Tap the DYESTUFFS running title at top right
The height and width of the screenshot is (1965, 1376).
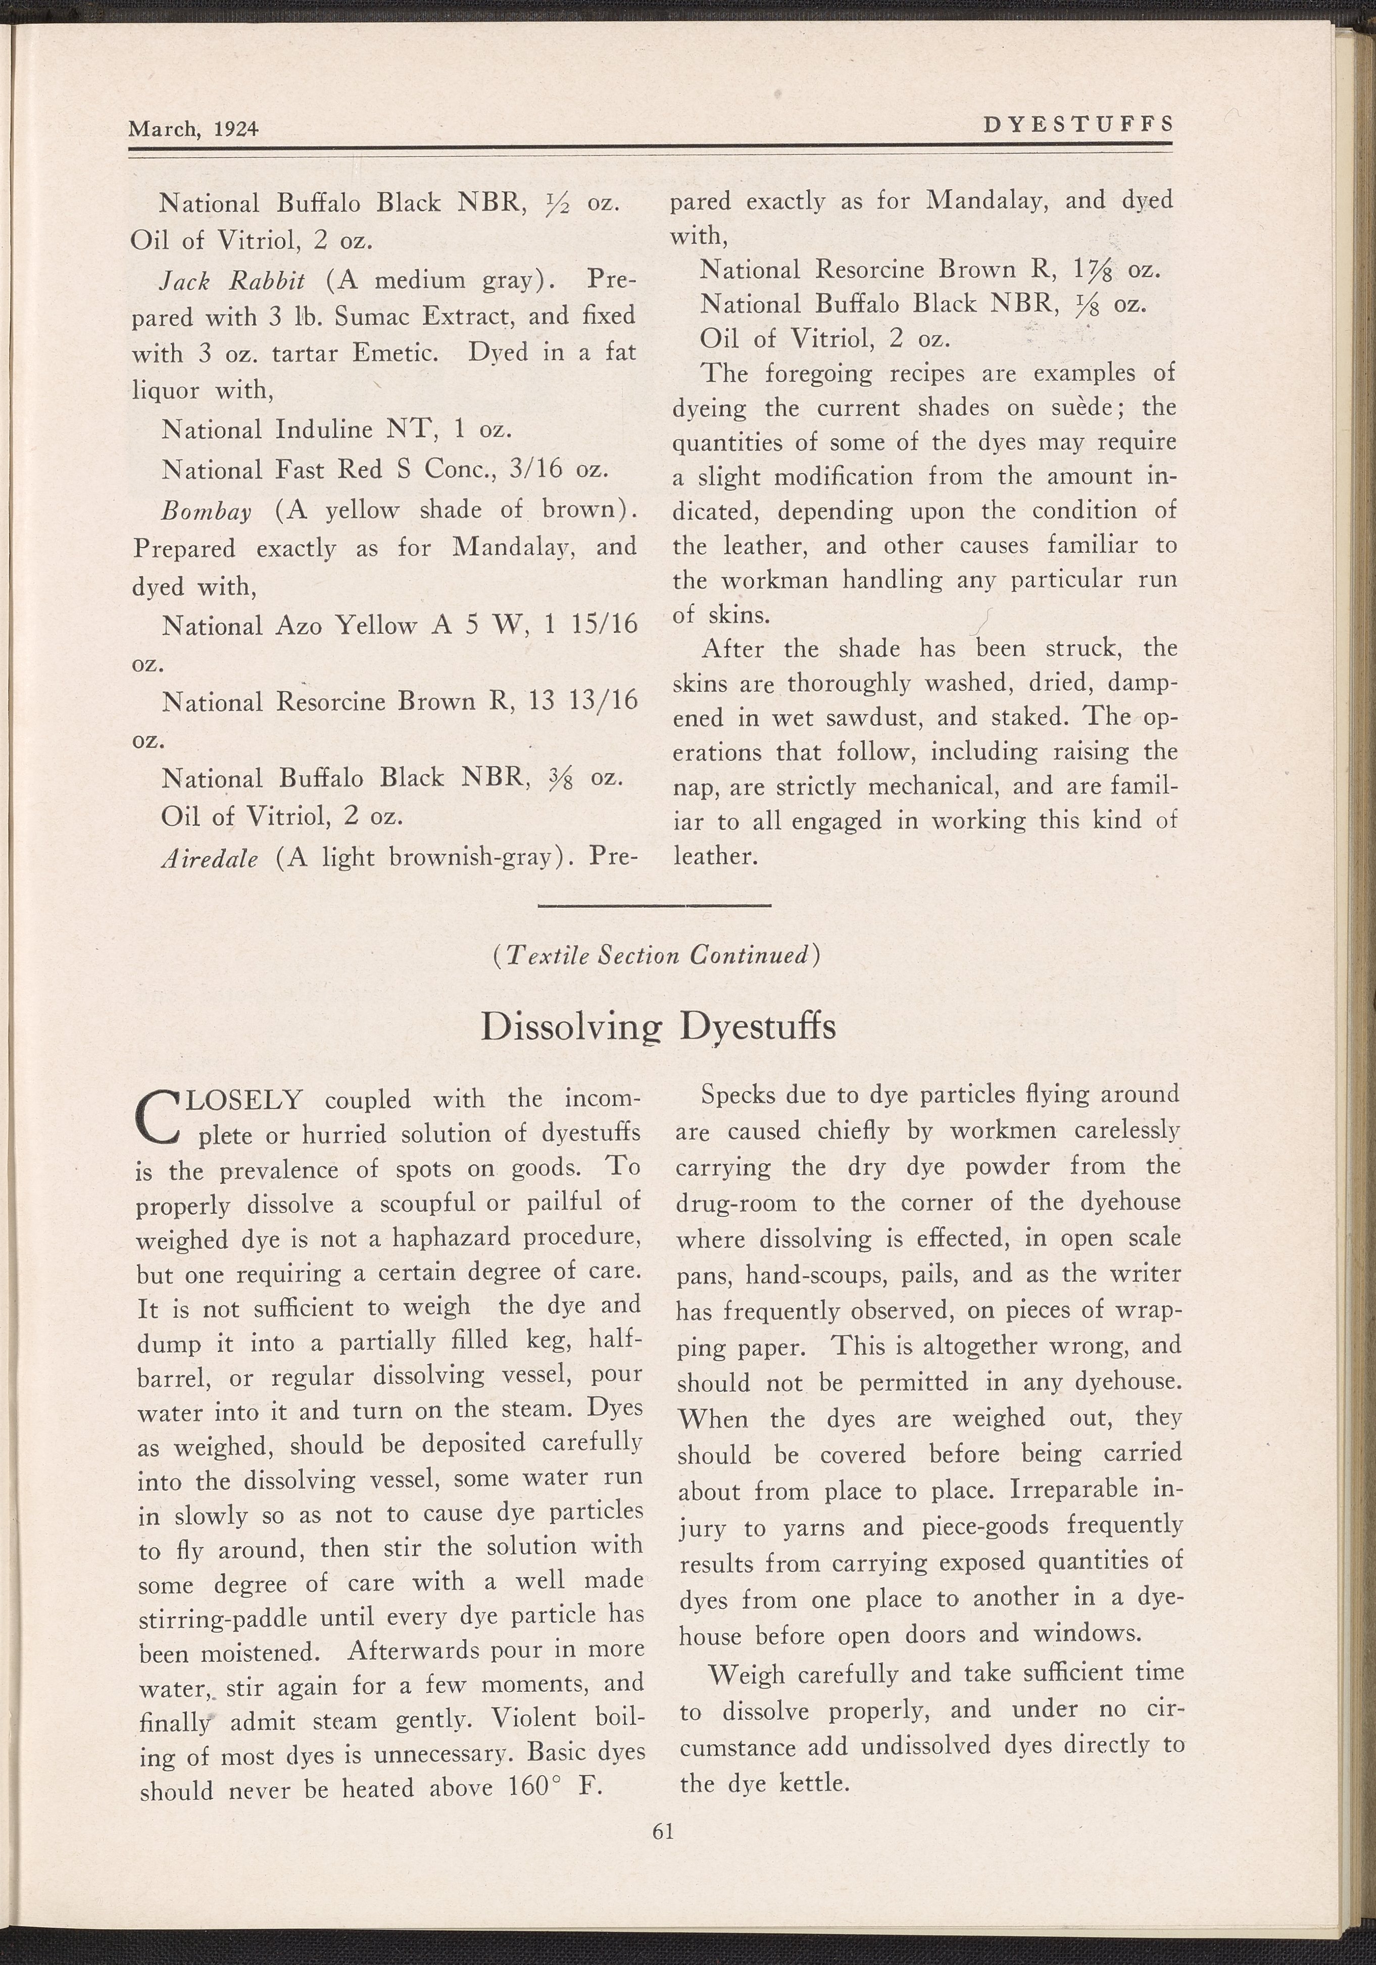pos(1078,125)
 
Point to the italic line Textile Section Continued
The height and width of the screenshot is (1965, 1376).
pos(658,955)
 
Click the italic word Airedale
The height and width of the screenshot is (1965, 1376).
pos(210,858)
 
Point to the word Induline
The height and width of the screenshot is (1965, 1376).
pos(325,430)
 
